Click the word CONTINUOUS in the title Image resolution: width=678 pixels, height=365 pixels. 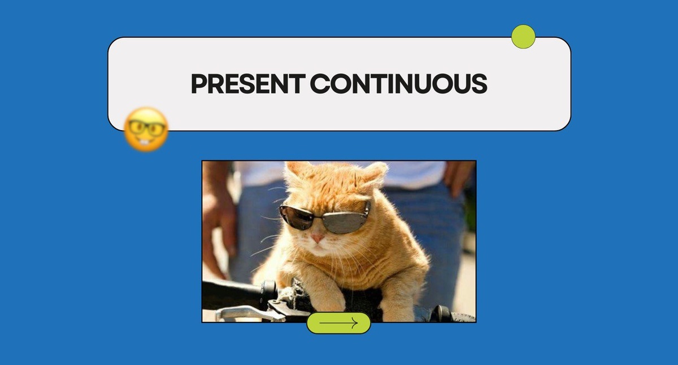pyautogui.click(x=399, y=83)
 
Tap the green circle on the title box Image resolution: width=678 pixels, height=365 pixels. pyautogui.click(x=523, y=37)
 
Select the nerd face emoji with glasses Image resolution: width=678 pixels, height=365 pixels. pyautogui.click(x=146, y=129)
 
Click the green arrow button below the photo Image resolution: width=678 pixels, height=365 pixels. pyautogui.click(x=338, y=323)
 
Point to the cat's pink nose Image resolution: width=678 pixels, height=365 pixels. pyautogui.click(x=318, y=238)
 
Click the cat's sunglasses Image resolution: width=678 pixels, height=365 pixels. pyautogui.click(x=325, y=217)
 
